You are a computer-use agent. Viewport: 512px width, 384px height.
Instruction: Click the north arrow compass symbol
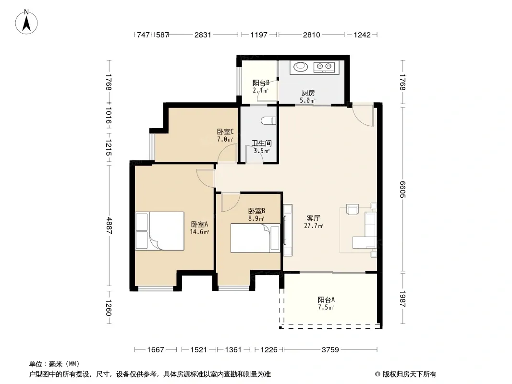click(26, 22)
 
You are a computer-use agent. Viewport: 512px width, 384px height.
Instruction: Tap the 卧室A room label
click(199, 225)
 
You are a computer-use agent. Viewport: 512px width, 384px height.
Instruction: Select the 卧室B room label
click(256, 211)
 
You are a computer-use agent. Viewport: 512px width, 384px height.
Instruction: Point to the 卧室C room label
click(225, 132)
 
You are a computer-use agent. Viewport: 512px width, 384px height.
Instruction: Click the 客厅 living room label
click(314, 218)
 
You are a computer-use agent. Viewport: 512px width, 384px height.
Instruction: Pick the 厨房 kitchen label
click(308, 93)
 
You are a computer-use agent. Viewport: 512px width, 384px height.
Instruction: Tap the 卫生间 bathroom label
click(262, 143)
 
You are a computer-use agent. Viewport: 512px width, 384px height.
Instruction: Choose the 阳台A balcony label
click(326, 300)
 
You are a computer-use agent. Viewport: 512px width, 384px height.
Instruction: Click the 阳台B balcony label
click(261, 83)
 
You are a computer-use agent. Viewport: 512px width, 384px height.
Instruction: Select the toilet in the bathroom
click(269, 120)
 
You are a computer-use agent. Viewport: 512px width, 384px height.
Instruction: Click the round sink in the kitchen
click(300, 67)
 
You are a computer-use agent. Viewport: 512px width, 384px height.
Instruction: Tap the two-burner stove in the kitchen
click(324, 67)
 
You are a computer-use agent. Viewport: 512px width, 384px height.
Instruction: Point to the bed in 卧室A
click(159, 231)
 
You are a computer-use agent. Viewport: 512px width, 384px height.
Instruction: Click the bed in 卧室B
click(256, 238)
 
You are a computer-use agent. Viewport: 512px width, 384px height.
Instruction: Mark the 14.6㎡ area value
click(199, 232)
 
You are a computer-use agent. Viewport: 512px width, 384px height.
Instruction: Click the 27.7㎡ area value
click(314, 226)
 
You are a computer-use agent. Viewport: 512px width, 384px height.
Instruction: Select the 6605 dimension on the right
click(402, 190)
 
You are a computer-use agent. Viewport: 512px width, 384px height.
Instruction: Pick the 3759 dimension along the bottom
click(330, 350)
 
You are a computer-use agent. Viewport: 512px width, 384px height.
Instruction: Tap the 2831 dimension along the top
click(203, 35)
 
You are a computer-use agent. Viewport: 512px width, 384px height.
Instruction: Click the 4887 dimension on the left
click(109, 226)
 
